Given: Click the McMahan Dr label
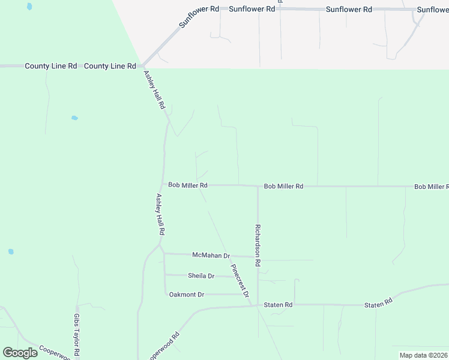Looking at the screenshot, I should [x=211, y=256].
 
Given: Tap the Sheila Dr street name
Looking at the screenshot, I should [x=201, y=276].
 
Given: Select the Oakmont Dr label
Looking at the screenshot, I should [x=187, y=295].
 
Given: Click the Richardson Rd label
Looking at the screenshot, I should [x=258, y=246].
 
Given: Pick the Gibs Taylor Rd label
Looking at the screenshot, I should [x=77, y=335].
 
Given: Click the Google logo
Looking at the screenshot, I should [x=19, y=353].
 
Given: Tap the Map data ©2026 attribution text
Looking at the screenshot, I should [x=423, y=355].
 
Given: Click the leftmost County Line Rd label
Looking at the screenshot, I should [x=50, y=66].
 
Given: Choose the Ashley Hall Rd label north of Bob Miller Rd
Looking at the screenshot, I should [x=154, y=89].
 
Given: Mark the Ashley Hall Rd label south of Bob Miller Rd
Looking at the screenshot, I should [x=160, y=214].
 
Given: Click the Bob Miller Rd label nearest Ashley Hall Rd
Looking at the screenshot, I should [x=188, y=186].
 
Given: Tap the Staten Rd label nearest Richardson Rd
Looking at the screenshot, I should [x=279, y=305].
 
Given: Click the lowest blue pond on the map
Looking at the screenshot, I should [x=11, y=251].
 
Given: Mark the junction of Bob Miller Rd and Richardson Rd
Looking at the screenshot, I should [x=258, y=186].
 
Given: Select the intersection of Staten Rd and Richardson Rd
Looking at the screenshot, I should [x=258, y=305].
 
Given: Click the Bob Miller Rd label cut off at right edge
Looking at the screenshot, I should [x=431, y=187].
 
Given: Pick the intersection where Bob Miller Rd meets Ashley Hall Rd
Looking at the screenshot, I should [x=164, y=185].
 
